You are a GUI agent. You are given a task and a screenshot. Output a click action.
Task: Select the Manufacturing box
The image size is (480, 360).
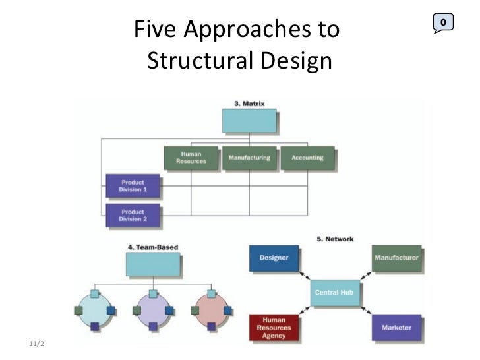249,158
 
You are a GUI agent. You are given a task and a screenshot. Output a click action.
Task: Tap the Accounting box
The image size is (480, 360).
307,158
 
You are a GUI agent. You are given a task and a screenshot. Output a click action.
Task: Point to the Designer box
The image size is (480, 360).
274,258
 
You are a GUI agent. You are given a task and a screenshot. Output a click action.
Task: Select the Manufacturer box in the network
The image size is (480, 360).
396,258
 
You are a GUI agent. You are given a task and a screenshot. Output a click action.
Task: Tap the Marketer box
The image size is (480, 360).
396,327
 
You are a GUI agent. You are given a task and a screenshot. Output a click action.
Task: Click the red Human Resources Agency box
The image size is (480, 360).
274,328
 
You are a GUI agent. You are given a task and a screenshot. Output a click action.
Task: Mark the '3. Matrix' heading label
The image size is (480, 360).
249,104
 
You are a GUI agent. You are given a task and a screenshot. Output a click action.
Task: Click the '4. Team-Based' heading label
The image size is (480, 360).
152,247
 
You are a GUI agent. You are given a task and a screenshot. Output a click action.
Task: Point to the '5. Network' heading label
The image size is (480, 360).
335,239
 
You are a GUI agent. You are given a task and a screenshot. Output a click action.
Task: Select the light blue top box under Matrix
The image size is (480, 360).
249,121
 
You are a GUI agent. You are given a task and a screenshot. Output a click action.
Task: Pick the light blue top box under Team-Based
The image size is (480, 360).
153,264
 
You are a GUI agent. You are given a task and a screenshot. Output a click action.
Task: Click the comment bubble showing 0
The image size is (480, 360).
444,23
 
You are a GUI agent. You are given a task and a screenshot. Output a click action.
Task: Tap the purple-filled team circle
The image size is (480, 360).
153,309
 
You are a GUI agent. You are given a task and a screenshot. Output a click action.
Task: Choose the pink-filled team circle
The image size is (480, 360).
211,309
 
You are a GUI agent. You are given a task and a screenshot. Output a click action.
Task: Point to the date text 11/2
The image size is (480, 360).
39,344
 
